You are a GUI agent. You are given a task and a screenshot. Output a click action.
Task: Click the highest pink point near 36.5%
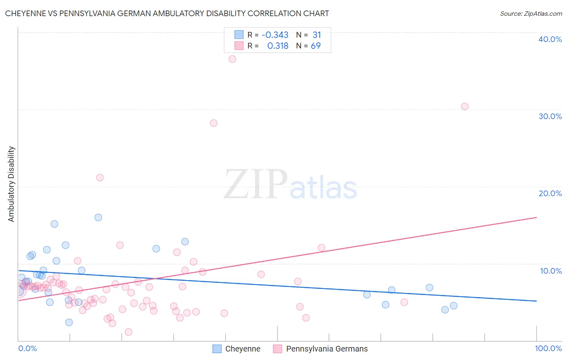coord(232,59)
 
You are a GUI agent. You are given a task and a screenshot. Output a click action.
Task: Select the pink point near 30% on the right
coord(465,107)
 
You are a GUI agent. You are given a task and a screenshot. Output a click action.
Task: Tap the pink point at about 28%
coord(214,123)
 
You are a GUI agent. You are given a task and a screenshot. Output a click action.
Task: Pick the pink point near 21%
coord(100,178)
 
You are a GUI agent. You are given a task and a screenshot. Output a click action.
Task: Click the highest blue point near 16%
coord(98,218)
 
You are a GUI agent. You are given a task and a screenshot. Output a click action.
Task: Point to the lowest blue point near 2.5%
coord(69,322)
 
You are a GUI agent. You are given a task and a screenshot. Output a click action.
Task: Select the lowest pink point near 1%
coord(129,332)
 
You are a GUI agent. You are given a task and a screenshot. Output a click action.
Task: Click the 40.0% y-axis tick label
coord(550,39)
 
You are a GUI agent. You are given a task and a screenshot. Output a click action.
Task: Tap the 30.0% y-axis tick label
coord(550,116)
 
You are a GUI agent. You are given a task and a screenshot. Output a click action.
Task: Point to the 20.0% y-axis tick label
coord(550,193)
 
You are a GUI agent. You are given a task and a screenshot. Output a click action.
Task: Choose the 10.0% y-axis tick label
coord(551,271)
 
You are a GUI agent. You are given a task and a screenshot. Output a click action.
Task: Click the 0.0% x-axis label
coord(27,348)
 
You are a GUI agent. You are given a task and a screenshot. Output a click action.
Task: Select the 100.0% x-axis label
coord(548,348)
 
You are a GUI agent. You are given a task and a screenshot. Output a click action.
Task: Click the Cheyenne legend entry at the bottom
coord(242,349)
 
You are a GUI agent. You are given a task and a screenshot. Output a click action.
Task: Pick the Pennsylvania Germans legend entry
coord(327,349)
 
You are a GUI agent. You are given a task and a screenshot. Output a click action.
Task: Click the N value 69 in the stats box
coord(316,46)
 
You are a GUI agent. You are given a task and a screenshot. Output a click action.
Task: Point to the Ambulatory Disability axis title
coord(11,184)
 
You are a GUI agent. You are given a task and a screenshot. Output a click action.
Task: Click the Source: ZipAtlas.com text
coord(531,14)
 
